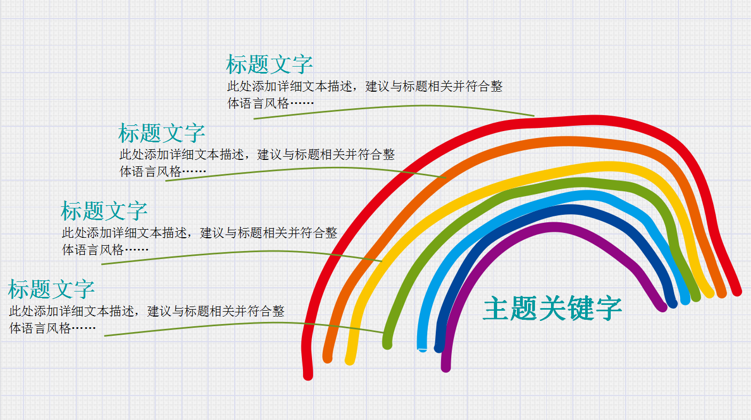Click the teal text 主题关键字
tap(552, 309)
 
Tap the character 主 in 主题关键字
tap(496, 309)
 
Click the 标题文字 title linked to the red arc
tap(269, 64)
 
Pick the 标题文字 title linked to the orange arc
tap(162, 133)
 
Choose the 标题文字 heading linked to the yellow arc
tap(104, 211)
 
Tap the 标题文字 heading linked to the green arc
tap(51, 289)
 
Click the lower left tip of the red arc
tap(308, 374)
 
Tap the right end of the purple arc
tap(662, 306)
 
